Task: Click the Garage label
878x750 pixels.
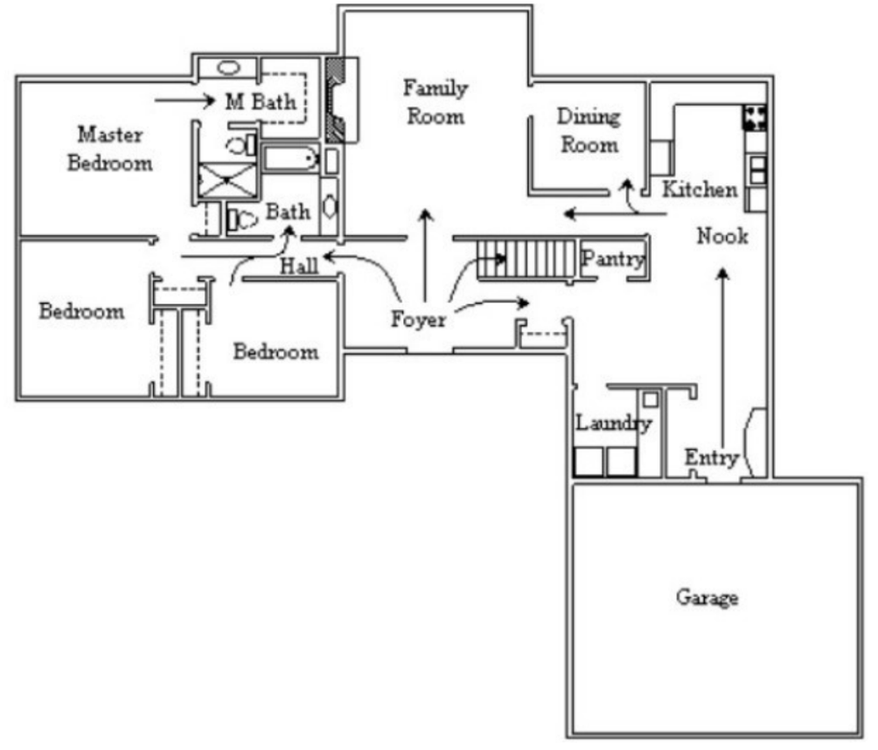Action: pos(707,598)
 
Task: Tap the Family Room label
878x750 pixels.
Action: pos(436,102)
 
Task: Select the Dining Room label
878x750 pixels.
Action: pos(589,130)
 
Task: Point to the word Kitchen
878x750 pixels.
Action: pos(700,189)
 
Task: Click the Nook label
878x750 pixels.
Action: pos(722,236)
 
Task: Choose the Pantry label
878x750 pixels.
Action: pos(613,259)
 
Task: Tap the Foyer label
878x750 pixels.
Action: pos(418,319)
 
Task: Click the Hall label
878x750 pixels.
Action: pos(299,266)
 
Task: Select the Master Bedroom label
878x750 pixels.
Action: pos(110,149)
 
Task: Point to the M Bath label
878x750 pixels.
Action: pos(261,102)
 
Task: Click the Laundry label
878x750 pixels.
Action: pos(614,422)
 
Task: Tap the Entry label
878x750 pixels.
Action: pos(711,458)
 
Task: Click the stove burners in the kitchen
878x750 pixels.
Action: pos(754,118)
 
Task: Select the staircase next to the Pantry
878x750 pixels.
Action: pos(526,260)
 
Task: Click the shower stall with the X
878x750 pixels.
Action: pos(226,180)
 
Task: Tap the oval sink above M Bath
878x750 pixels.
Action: pos(228,67)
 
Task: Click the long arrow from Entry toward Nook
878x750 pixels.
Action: pos(723,358)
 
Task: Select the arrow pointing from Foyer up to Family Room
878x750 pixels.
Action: pos(426,255)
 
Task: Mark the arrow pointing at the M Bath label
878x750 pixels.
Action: pos(185,101)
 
